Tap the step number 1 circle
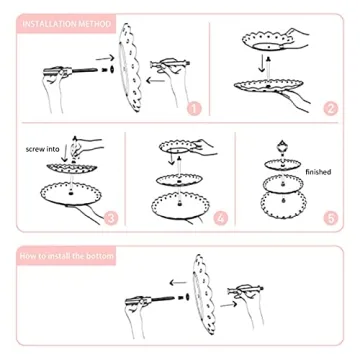point(193,108)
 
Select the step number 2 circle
point(331,108)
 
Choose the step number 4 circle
point(220,217)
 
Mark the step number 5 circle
point(329,217)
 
